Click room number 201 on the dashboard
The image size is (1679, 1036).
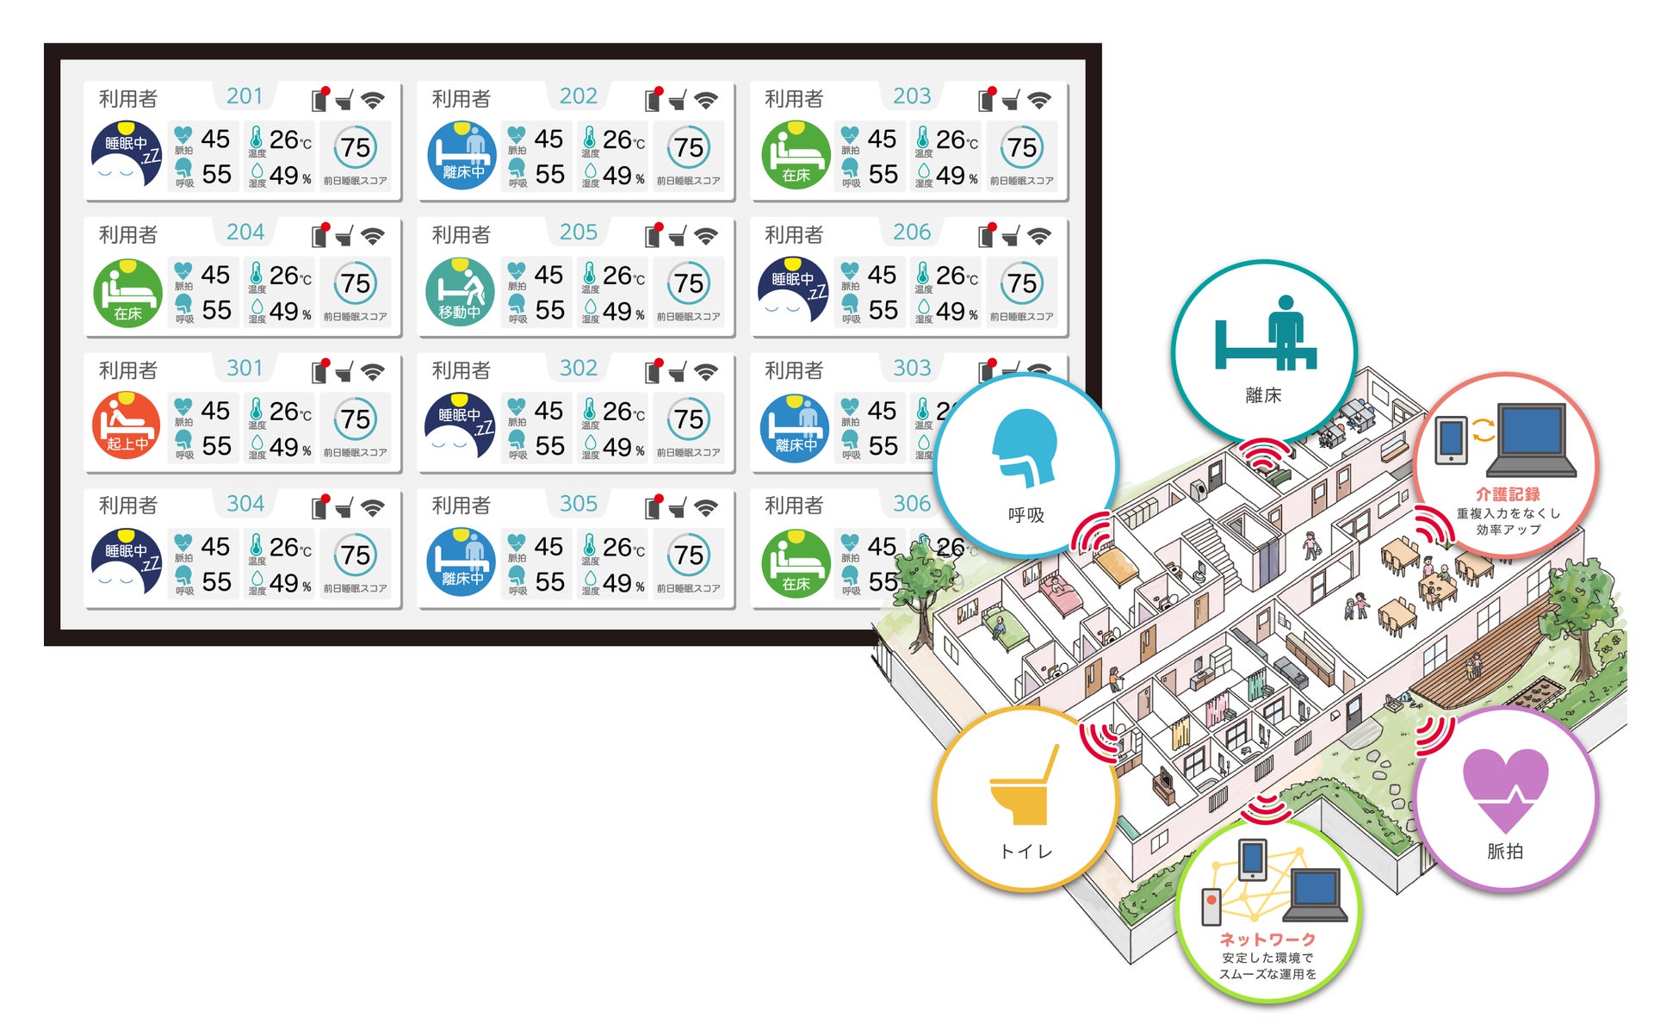coord(245,96)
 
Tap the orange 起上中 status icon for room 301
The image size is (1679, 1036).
coord(127,425)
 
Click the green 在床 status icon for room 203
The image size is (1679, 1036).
coord(795,155)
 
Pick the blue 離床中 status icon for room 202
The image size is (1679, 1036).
coord(462,155)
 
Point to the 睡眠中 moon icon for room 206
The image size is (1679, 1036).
coord(793,290)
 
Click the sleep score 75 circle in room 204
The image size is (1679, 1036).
coord(356,283)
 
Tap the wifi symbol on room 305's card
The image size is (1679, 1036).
coord(706,508)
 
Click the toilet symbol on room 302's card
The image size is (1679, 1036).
coord(678,372)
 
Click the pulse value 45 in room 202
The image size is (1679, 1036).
coord(548,139)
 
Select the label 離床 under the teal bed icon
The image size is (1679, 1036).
coord(1263,395)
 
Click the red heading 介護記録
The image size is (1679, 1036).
coord(1508,494)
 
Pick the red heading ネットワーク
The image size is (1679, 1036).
coord(1267,940)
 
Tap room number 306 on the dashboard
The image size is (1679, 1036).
coord(912,504)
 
